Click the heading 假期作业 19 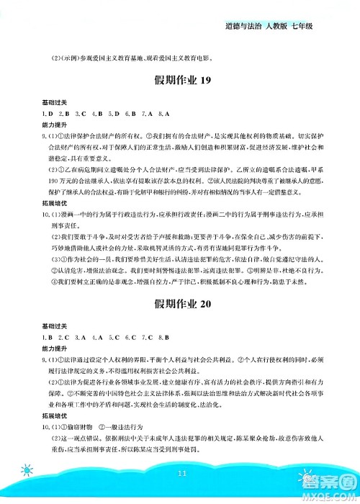pos(180,81)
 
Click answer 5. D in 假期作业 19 pos(112,114)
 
